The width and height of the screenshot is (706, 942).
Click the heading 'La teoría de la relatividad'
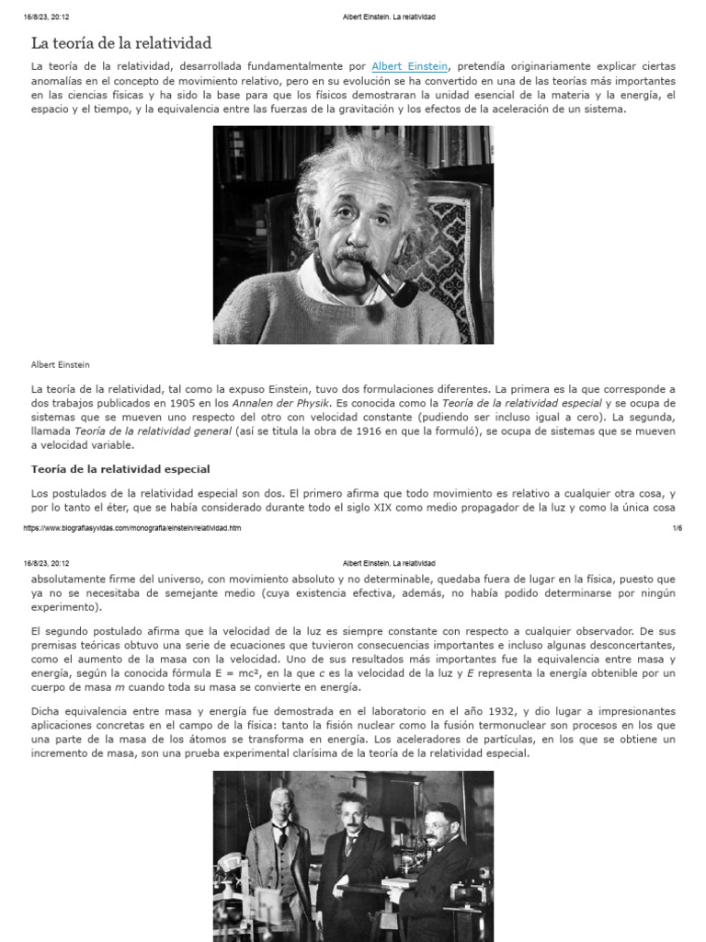click(x=121, y=43)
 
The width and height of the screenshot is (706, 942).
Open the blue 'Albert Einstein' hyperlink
click(x=409, y=66)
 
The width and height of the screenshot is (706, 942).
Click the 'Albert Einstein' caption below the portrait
click(x=61, y=365)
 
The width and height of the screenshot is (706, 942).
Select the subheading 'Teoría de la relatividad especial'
click(x=120, y=469)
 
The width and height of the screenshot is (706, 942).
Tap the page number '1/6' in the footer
click(x=677, y=528)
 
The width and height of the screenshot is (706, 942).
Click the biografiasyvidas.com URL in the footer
click(x=131, y=528)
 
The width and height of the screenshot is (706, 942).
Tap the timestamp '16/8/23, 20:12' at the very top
click(x=47, y=17)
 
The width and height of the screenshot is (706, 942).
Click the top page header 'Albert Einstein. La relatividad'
click(x=388, y=17)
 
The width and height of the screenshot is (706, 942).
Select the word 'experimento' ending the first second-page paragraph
click(x=63, y=607)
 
